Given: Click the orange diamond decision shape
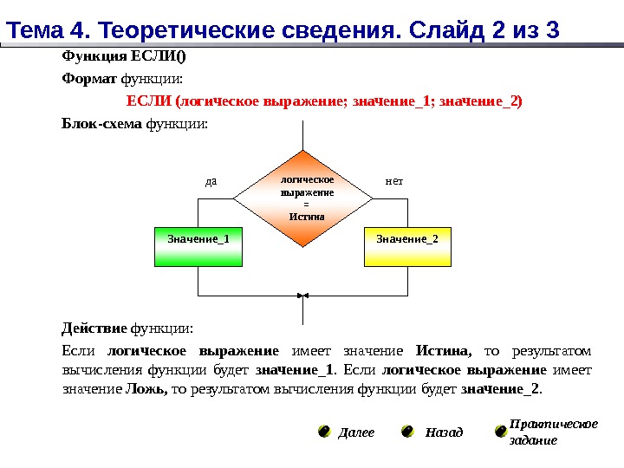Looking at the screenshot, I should click(x=302, y=198).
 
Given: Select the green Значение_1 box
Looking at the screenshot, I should click(x=198, y=247).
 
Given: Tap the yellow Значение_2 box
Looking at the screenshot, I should click(x=407, y=247).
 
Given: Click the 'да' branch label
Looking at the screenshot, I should click(x=210, y=182).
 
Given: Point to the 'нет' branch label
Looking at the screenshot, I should click(x=394, y=182).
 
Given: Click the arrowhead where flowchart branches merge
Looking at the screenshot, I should click(x=302, y=295).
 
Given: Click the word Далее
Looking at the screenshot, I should click(x=356, y=432).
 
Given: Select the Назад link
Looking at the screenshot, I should click(x=444, y=432).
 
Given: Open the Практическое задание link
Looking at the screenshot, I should click(x=552, y=432).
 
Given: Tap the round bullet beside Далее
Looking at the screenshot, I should click(x=323, y=431).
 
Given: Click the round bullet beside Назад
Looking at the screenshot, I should click(x=406, y=431).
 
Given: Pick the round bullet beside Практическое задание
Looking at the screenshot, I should click(x=500, y=431).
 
